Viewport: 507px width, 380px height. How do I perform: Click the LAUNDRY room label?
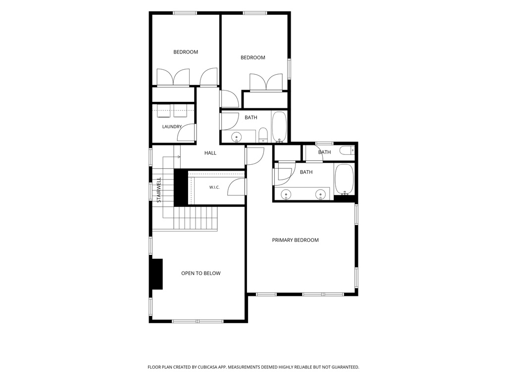pyautogui.click(x=172, y=127)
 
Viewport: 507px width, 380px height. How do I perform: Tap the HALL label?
pyautogui.click(x=210, y=153)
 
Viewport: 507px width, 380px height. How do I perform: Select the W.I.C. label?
pyautogui.click(x=214, y=188)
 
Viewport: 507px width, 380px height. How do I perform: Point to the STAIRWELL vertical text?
pyautogui.click(x=159, y=190)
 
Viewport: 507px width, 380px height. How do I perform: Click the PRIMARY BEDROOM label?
pyautogui.click(x=295, y=240)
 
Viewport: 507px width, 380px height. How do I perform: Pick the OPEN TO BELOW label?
pyautogui.click(x=201, y=273)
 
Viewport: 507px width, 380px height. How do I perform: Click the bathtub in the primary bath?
pyautogui.click(x=344, y=180)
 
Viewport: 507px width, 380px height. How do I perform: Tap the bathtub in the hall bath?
pyautogui.click(x=279, y=127)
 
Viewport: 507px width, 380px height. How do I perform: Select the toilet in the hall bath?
pyautogui.click(x=263, y=135)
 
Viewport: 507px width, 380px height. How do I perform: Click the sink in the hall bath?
pyautogui.click(x=237, y=138)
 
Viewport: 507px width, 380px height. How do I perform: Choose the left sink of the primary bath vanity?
pyautogui.click(x=286, y=194)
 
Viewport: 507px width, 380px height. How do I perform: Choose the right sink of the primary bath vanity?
pyautogui.click(x=320, y=194)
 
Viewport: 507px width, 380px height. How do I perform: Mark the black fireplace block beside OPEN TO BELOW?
pyautogui.click(x=157, y=274)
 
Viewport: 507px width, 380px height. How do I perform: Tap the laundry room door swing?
pyautogui.click(x=186, y=132)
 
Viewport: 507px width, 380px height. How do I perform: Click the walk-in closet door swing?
pyautogui.click(x=236, y=187)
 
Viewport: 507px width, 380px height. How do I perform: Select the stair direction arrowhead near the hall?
pyautogui.click(x=179, y=157)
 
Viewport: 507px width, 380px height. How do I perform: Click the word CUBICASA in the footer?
pyautogui.click(x=209, y=367)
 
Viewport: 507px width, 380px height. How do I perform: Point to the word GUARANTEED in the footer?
pyautogui.click(x=347, y=367)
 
